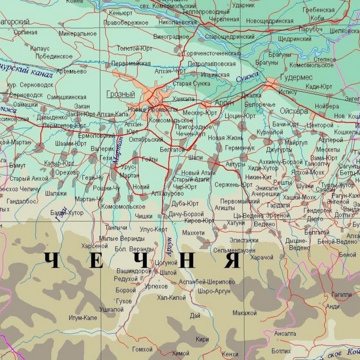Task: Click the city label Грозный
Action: point(121,94)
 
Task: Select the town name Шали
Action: point(195,157)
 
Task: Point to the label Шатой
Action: point(168,272)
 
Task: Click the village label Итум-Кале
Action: point(83,318)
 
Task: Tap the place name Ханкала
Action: point(184,99)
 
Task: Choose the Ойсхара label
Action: point(294,112)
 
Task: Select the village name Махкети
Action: point(193,233)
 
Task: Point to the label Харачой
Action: point(262,257)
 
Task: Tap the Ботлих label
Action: point(281,351)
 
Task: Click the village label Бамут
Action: point(18,165)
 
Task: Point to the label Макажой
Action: point(244,313)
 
